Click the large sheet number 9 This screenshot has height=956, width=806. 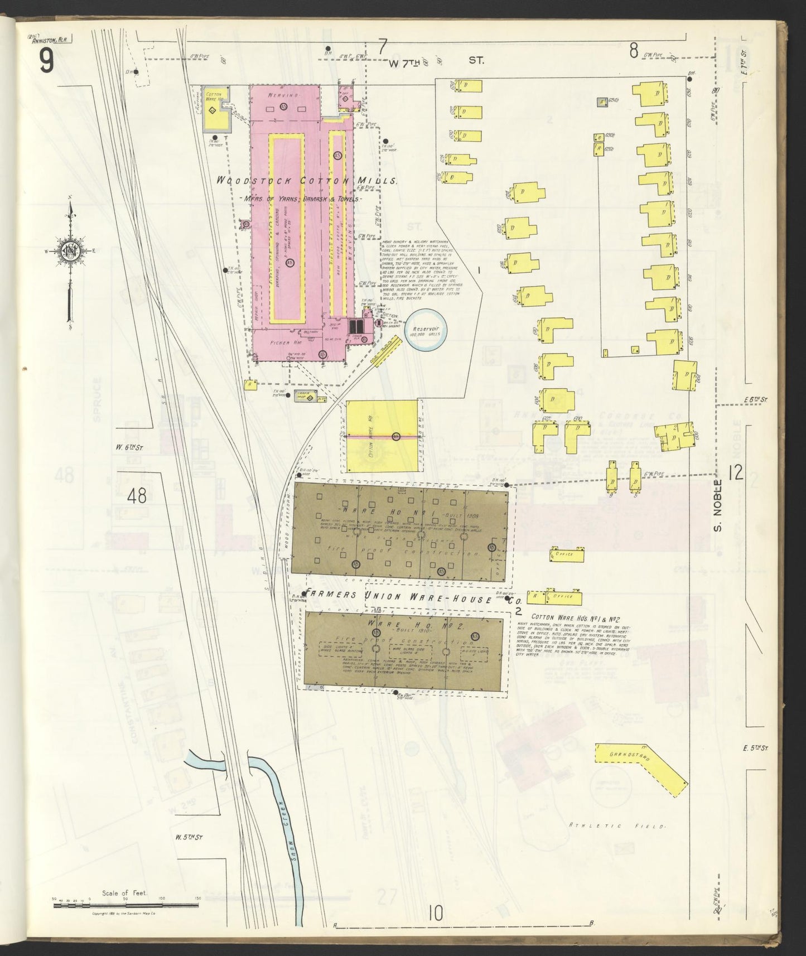click(46, 61)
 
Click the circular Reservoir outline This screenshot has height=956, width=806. click(423, 329)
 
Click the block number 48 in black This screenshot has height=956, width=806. click(137, 495)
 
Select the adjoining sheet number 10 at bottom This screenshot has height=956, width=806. click(436, 913)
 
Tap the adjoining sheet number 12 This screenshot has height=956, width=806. click(736, 474)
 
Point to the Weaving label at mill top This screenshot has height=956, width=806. click(283, 96)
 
